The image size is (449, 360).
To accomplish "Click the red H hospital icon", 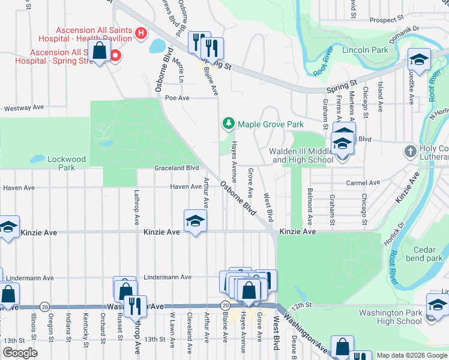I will (141, 32).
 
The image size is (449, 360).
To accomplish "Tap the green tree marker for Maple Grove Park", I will (228, 124).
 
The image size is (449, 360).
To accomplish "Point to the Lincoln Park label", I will (365, 50).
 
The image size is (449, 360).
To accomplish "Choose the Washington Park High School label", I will (390, 317).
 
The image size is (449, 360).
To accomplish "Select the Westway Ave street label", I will (24, 108).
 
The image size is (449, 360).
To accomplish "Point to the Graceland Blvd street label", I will (176, 168).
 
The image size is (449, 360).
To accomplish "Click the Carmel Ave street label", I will (363, 183).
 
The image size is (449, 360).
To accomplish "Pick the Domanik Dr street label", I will (402, 29).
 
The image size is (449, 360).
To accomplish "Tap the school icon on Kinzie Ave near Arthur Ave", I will (195, 221).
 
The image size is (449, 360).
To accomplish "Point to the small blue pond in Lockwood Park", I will (37, 160).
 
